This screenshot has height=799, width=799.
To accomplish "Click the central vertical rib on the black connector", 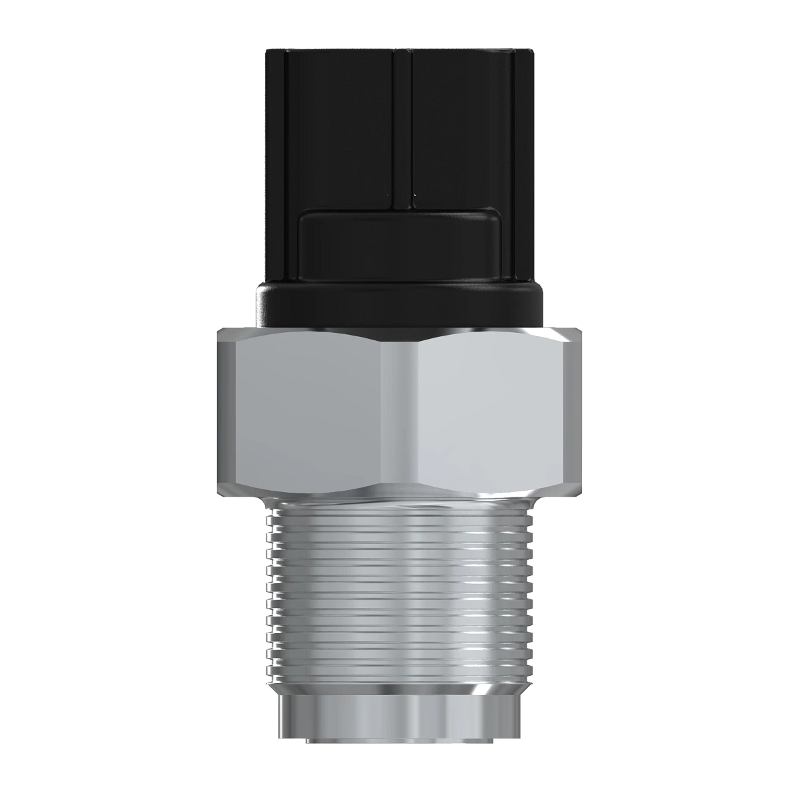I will click(x=401, y=120).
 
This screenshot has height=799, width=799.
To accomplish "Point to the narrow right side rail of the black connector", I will click(x=524, y=166).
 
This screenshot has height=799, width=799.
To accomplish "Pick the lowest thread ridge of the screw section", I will click(x=400, y=672).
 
